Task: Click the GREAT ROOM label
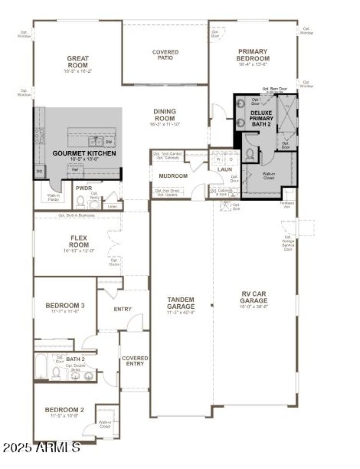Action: pyautogui.click(x=78, y=62)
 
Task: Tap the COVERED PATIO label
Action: pyautogui.click(x=165, y=55)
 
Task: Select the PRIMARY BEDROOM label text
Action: pyautogui.click(x=253, y=55)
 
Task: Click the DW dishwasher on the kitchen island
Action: pyautogui.click(x=108, y=142)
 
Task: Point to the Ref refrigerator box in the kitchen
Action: pyautogui.click(x=75, y=169)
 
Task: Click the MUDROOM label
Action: pyautogui.click(x=173, y=176)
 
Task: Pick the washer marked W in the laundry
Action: pyautogui.click(x=218, y=159)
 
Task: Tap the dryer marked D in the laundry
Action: pyautogui.click(x=230, y=159)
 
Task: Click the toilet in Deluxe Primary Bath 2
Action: pyautogui.click(x=250, y=155)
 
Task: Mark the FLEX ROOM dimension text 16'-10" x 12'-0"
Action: pyautogui.click(x=78, y=251)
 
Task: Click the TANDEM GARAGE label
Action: pyautogui.click(x=180, y=302)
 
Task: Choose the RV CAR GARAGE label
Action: pyautogui.click(x=253, y=297)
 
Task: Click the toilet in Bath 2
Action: pyautogui.click(x=57, y=373)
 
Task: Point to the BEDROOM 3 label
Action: pyautogui.click(x=65, y=306)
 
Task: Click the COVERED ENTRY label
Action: pyautogui.click(x=135, y=361)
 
